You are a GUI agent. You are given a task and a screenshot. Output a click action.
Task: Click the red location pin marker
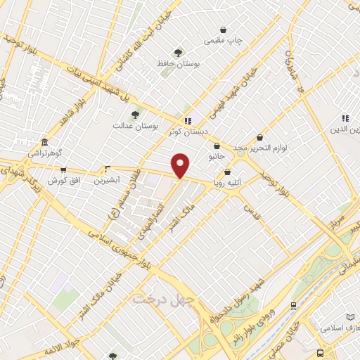pyautogui.click(x=181, y=165)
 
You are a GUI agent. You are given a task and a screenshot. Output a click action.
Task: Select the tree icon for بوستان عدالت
pyautogui.click(x=134, y=114)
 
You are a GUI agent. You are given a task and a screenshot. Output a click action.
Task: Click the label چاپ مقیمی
pyautogui.click(x=224, y=41)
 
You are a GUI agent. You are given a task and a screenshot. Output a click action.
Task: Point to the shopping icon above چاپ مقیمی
pyautogui.click(x=224, y=30)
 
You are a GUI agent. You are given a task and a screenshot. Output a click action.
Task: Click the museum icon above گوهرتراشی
pyautogui.click(x=44, y=141)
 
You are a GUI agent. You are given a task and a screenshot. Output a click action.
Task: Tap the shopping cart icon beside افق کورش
pyautogui.click(x=63, y=169)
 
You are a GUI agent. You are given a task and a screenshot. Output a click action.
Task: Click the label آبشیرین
pyautogui.click(x=108, y=180)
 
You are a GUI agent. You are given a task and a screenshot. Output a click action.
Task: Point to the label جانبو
pyautogui.click(x=217, y=156)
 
